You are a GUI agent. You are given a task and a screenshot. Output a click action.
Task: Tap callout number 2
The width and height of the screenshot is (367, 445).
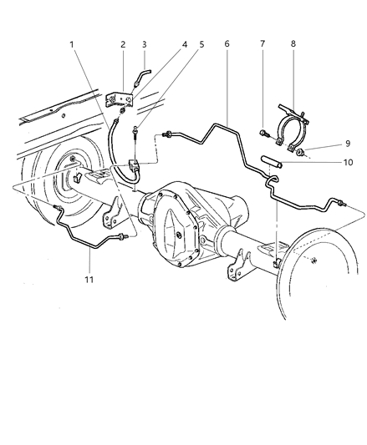[122, 44]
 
